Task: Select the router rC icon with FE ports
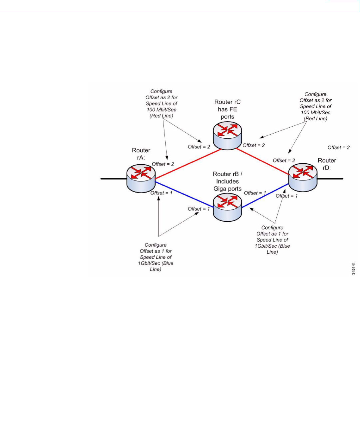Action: click(x=227, y=135)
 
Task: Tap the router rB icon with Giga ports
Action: click(x=227, y=207)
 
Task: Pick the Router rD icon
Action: click(x=303, y=177)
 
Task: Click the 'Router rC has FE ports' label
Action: click(x=227, y=109)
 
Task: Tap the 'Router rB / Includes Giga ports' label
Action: click(x=227, y=181)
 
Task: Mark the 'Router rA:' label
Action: click(x=141, y=154)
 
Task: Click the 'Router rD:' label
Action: click(x=327, y=164)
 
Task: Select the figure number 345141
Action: click(x=353, y=268)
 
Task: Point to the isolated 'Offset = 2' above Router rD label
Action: click(x=338, y=148)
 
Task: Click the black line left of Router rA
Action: click(x=114, y=179)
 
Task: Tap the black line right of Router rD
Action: click(x=330, y=179)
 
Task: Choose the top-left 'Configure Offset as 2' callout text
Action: click(x=162, y=104)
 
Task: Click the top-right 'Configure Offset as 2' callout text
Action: click(x=316, y=106)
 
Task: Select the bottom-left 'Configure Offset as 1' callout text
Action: click(x=156, y=257)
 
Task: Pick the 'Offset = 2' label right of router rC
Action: click(x=253, y=145)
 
